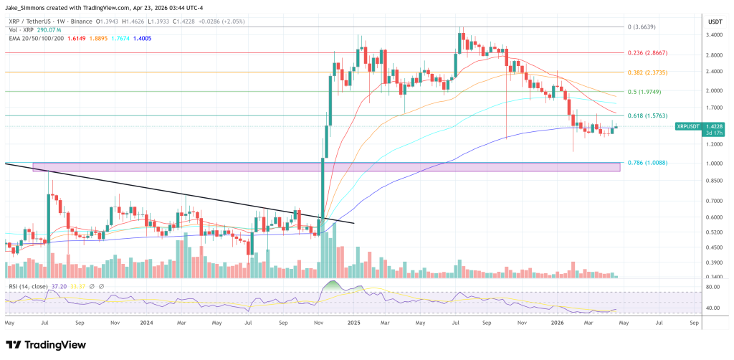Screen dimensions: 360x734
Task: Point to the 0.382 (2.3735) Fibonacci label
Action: [x=647, y=72]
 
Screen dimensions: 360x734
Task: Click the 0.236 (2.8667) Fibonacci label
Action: [x=647, y=53]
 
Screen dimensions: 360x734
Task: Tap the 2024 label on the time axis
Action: [x=146, y=323]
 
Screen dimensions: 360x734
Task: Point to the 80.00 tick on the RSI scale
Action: [x=712, y=288]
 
